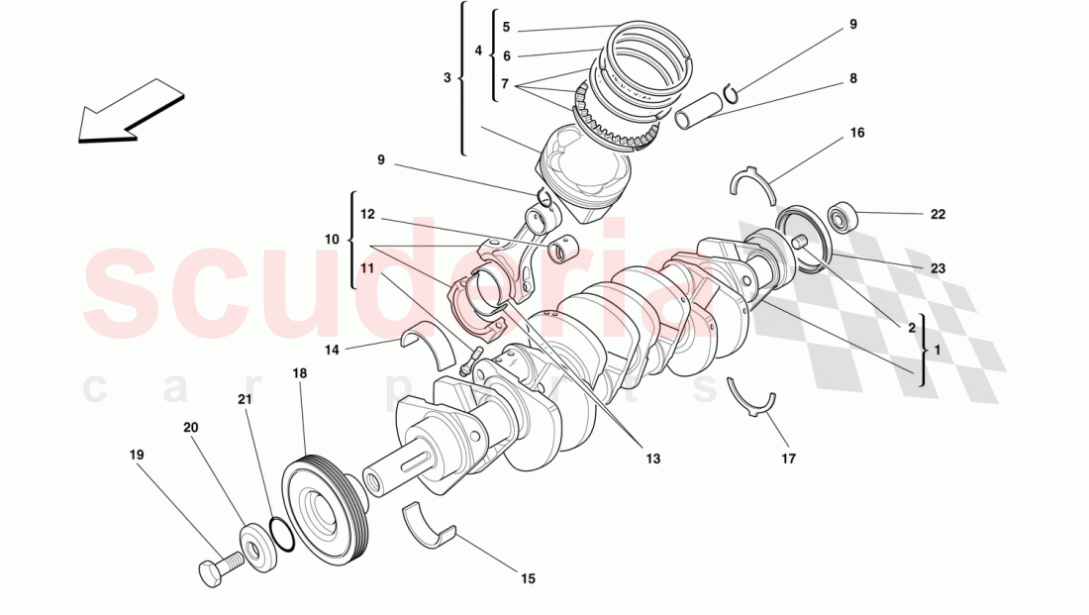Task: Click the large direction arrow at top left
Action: point(129,111)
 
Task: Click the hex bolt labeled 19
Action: point(219,569)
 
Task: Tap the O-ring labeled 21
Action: point(281,533)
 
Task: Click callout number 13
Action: point(652,459)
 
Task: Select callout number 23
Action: point(938,268)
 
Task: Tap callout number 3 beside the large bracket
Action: point(447,77)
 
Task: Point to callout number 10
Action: point(332,240)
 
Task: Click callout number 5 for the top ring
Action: point(505,28)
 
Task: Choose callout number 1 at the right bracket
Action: point(938,350)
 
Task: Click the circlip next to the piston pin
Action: point(729,93)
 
